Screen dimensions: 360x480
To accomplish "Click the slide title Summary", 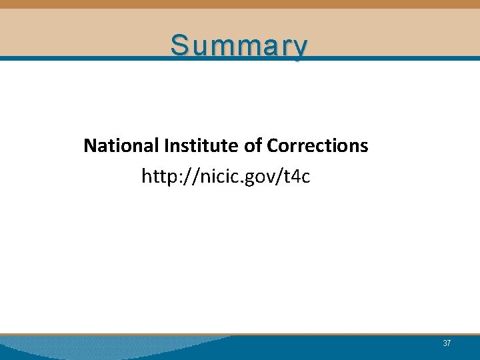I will pyautogui.click(x=239, y=45).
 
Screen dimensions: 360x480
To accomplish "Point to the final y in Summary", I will pyautogui.click(x=301, y=48).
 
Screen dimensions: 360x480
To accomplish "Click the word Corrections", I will pyautogui.click(x=317, y=145).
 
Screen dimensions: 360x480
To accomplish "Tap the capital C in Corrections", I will pyautogui.click(x=272, y=145).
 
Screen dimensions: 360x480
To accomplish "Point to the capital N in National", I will pyautogui.click(x=89, y=145).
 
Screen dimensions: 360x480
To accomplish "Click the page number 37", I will pyautogui.click(x=447, y=343).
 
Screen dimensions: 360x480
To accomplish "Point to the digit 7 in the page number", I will pyautogui.click(x=449, y=343).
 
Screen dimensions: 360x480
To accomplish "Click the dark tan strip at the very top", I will pyautogui.click(x=240, y=4).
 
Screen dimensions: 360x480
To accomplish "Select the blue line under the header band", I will pyautogui.click(x=400, y=58).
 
